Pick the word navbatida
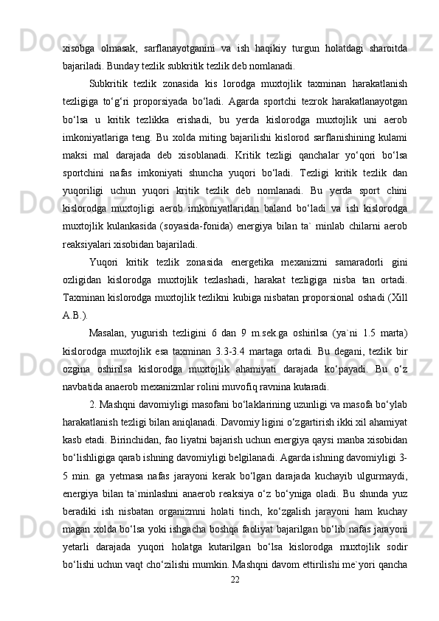83,388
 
